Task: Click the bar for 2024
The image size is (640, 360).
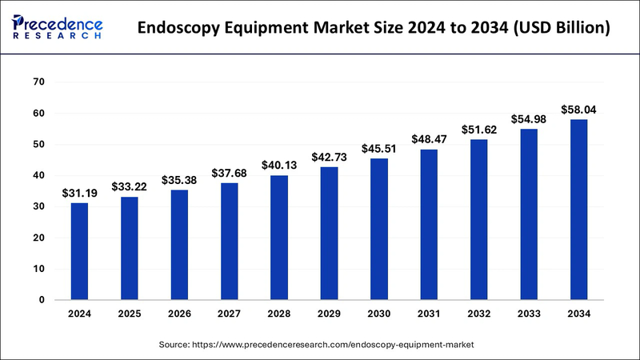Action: [79, 251]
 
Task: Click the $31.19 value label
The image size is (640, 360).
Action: [79, 194]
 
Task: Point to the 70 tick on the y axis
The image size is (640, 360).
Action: [38, 82]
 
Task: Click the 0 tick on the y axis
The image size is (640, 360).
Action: [41, 300]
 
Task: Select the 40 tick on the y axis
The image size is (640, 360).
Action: [38, 175]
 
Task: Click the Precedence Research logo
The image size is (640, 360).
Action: [58, 25]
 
